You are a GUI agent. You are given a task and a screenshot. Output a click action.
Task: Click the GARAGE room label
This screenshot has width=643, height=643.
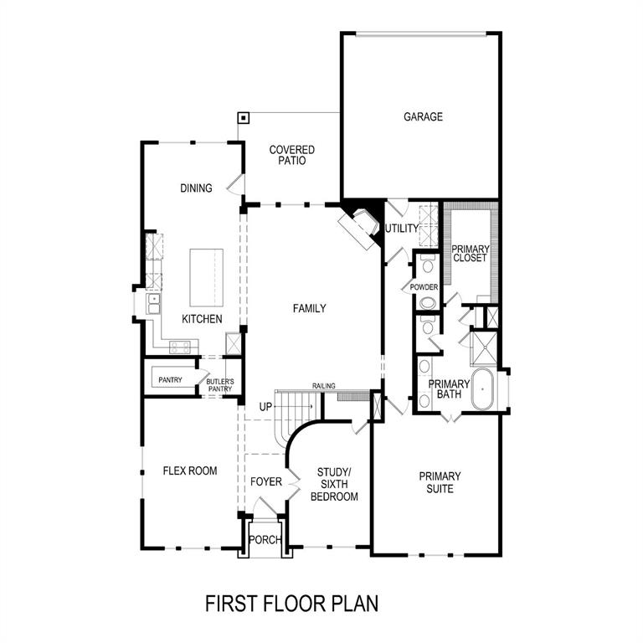423,117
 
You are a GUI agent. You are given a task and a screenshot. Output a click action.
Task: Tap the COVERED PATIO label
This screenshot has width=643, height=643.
292,155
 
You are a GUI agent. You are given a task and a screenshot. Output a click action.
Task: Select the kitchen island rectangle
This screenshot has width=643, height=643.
206,278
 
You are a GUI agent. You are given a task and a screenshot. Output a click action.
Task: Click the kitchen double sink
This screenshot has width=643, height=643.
154,304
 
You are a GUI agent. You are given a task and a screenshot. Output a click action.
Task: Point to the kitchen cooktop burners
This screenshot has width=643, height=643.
180,347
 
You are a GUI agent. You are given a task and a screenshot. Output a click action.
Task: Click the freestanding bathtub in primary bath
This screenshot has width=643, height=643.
482,388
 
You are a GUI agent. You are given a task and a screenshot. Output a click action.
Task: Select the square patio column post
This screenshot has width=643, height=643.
244,118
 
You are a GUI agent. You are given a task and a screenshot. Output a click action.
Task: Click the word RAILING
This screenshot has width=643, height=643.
323,386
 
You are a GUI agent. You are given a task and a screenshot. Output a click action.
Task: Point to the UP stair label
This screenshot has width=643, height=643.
265,407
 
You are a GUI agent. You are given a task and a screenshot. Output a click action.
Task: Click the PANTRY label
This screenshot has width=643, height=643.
170,380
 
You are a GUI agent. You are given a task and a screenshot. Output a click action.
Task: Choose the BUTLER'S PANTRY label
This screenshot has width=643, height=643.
220,385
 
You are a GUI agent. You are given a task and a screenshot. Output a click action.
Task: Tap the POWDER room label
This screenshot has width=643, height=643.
424,287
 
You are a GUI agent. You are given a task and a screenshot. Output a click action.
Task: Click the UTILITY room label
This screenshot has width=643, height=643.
402,229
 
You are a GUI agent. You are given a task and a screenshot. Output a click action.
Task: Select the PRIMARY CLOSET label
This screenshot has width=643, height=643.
471,254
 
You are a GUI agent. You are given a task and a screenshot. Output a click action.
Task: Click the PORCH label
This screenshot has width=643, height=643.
265,540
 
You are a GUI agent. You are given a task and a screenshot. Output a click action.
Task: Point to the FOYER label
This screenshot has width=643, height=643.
266,481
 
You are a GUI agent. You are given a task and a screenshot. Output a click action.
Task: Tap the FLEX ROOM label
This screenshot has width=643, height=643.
190,471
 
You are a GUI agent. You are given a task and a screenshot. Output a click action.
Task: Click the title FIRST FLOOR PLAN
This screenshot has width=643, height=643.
291,604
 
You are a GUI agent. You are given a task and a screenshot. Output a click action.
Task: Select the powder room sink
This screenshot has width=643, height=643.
429,304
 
